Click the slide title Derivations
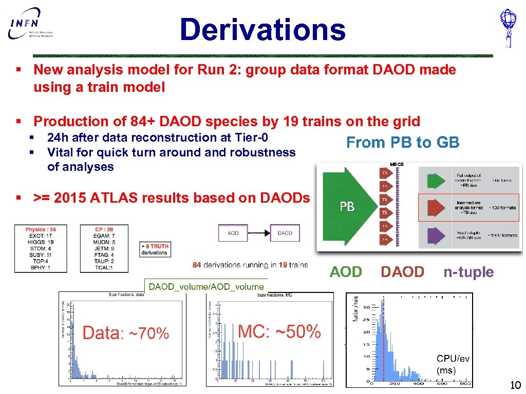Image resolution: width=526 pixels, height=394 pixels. click(262, 29)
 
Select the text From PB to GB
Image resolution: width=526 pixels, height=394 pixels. click(403, 143)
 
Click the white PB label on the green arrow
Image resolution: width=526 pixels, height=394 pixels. click(347, 206)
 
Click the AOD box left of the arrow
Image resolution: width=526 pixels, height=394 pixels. click(233, 233)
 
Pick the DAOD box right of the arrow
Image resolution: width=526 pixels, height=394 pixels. click(285, 233)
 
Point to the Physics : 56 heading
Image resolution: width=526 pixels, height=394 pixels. click(41, 229)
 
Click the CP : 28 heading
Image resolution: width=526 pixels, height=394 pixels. click(105, 229)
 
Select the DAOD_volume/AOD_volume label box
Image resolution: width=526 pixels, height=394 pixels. click(206, 287)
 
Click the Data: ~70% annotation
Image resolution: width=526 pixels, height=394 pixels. click(126, 333)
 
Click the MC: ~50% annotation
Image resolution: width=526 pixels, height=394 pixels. click(280, 331)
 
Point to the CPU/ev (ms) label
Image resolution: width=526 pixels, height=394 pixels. click(453, 364)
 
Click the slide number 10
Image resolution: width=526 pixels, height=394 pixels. click(515, 386)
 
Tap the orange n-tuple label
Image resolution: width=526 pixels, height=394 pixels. click(468, 272)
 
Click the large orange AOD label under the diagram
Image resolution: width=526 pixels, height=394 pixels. click(346, 272)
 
